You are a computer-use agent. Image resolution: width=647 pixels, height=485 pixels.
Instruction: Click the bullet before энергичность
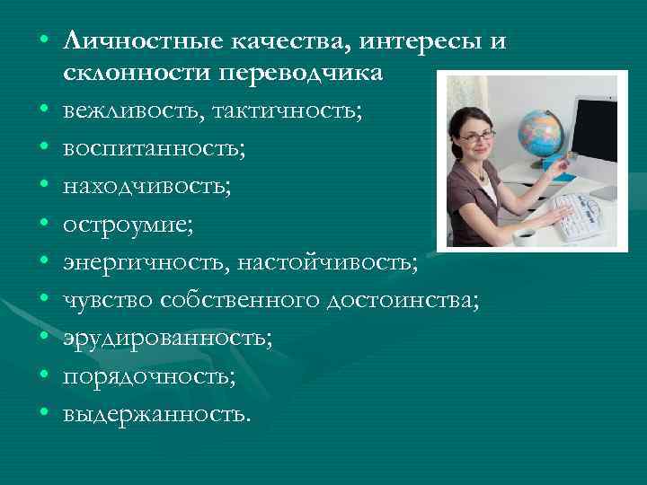click(44, 261)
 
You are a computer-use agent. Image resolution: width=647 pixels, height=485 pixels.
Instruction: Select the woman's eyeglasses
click(481, 136)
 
